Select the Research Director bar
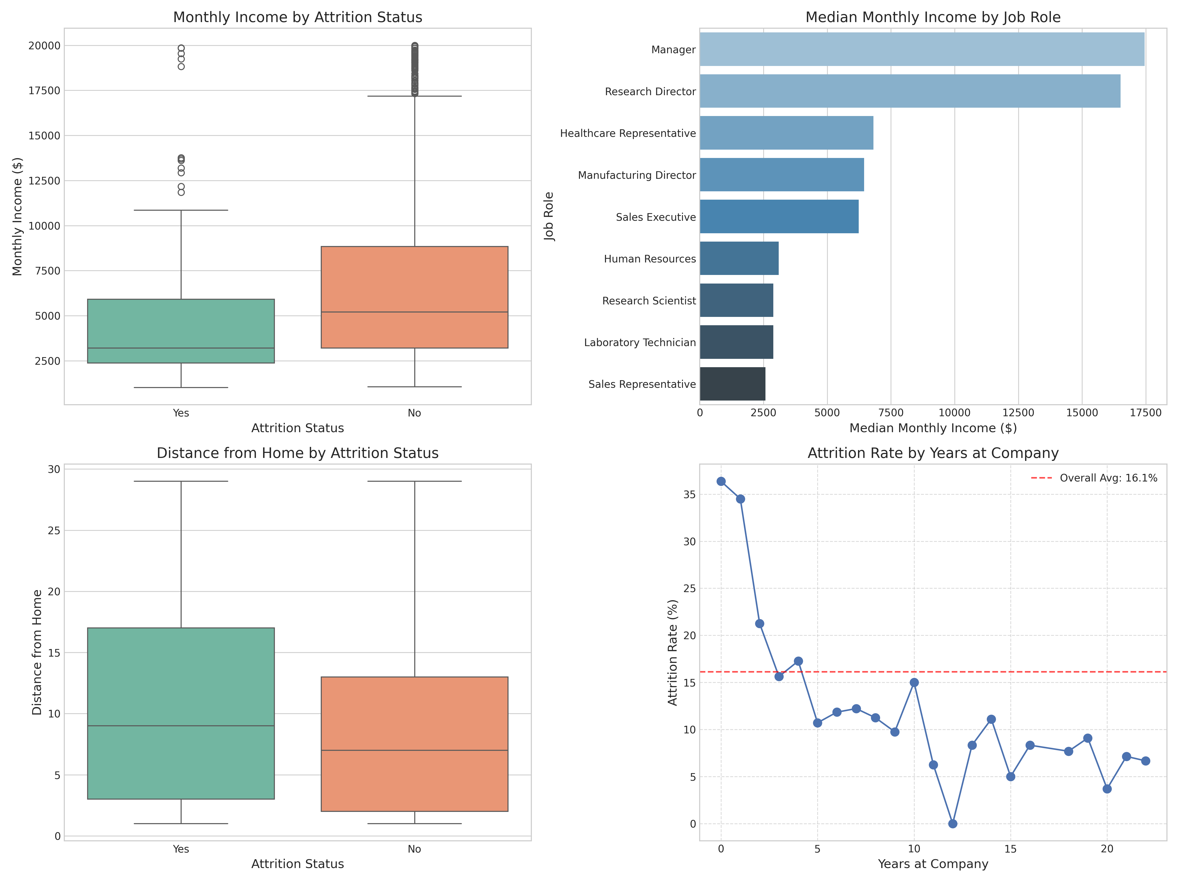pyautogui.click(x=910, y=91)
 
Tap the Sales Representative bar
pyautogui.click(x=732, y=384)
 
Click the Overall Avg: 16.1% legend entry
pyautogui.click(x=1108, y=478)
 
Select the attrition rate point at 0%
pyautogui.click(x=953, y=823)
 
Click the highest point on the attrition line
pyautogui.click(x=721, y=481)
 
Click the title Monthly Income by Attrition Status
pyautogui.click(x=298, y=18)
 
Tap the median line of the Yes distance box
pyautogui.click(x=181, y=726)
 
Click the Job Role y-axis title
pyautogui.click(x=549, y=217)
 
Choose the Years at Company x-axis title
pyautogui.click(x=933, y=864)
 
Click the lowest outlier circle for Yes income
pyautogui.click(x=181, y=192)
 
